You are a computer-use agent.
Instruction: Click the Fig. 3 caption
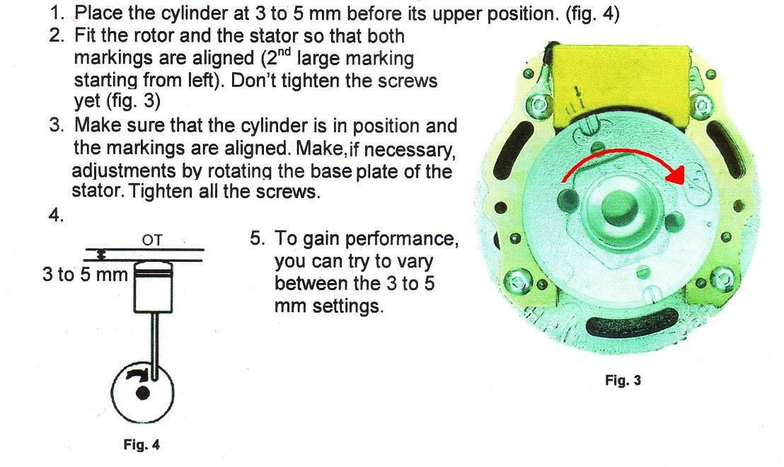[x=623, y=381]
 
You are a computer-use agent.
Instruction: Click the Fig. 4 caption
[x=142, y=445]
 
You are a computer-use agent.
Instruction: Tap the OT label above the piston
[x=152, y=241]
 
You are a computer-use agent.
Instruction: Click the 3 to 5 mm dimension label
[x=85, y=275]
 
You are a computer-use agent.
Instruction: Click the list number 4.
[x=56, y=216]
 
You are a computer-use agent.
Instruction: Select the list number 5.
[x=257, y=238]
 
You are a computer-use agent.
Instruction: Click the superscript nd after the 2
[x=287, y=51]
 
